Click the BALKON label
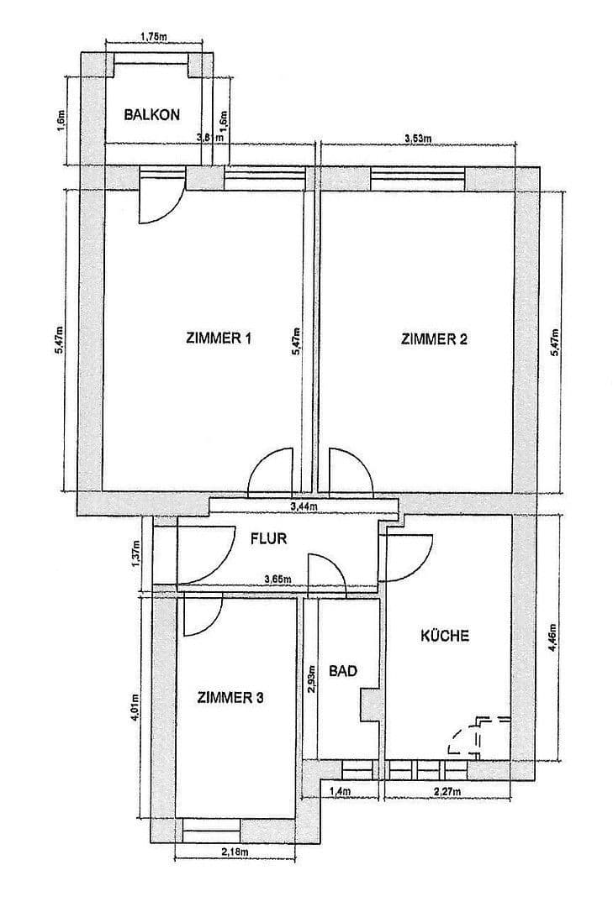[x=151, y=115]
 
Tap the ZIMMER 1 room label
[x=219, y=339]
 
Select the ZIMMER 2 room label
[x=433, y=339]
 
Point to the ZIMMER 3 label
[x=230, y=696]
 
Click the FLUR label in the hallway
[x=269, y=539]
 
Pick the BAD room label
[x=343, y=671]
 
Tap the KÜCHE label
[x=445, y=636]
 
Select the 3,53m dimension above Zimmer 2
[x=417, y=137]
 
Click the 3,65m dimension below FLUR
[x=277, y=579]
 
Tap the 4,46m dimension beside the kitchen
[x=552, y=642]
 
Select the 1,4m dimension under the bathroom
[x=340, y=790]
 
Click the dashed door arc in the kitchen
[x=458, y=738]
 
